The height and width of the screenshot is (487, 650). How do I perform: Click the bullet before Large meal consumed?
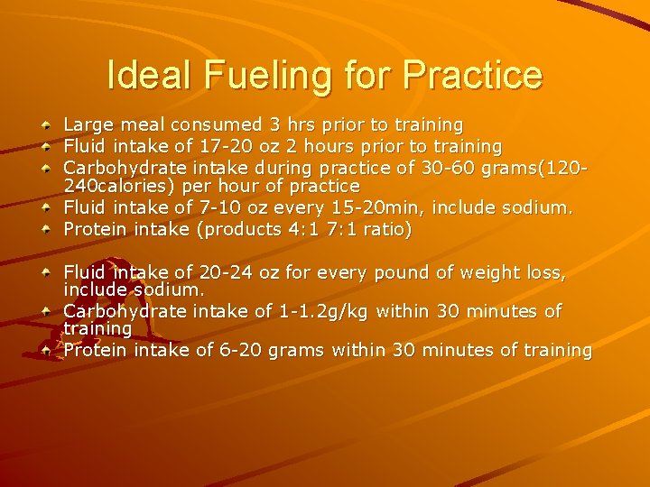[x=47, y=125]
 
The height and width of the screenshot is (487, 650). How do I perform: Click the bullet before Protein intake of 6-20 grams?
[x=47, y=350]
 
